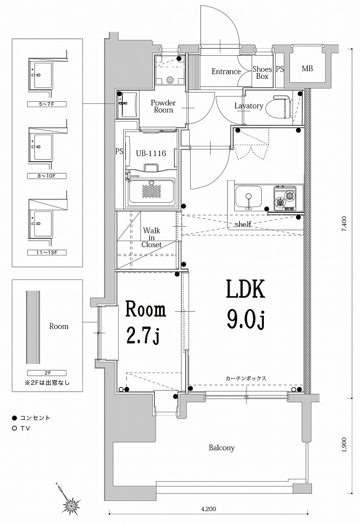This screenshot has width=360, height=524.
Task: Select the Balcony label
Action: point(221,448)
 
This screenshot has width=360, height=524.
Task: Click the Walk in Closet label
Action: point(151,237)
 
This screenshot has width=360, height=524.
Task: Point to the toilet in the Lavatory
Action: point(284,106)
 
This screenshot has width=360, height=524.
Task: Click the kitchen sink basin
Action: point(249,196)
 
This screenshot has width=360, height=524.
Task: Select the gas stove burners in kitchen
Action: point(285,199)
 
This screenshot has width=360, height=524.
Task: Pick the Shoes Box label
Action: point(262,73)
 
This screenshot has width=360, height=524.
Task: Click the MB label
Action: point(307,69)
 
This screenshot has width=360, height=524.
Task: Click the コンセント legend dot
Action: point(15,418)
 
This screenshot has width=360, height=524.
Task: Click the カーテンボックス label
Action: point(245,378)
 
